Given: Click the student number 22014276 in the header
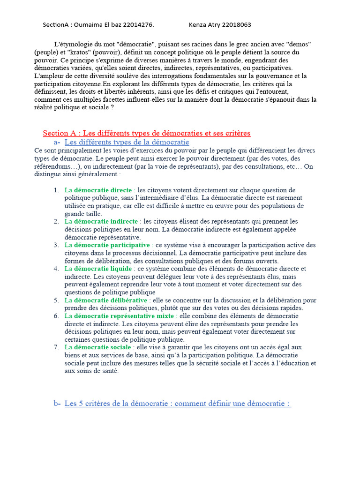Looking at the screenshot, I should click(137, 25).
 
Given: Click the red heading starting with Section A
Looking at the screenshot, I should click(146, 133).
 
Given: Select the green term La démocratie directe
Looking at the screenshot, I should click(98, 190).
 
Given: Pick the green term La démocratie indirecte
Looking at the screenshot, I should click(101, 221).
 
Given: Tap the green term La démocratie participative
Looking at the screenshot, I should click(107, 245).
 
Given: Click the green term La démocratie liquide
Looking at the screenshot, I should click(98, 269).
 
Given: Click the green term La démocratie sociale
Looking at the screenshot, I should click(97, 347).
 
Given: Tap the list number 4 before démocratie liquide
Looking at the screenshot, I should click(56, 269).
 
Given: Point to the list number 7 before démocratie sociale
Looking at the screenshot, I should click(56, 347).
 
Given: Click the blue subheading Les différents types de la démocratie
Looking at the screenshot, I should click(127, 142).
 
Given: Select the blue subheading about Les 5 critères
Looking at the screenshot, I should click(177, 404).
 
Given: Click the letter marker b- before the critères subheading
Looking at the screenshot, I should click(57, 404).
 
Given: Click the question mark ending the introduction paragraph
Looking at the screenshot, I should click(112, 107).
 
